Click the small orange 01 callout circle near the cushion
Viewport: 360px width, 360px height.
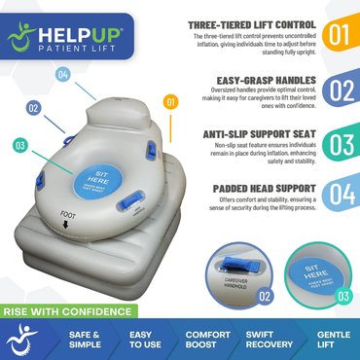coord(171,101)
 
